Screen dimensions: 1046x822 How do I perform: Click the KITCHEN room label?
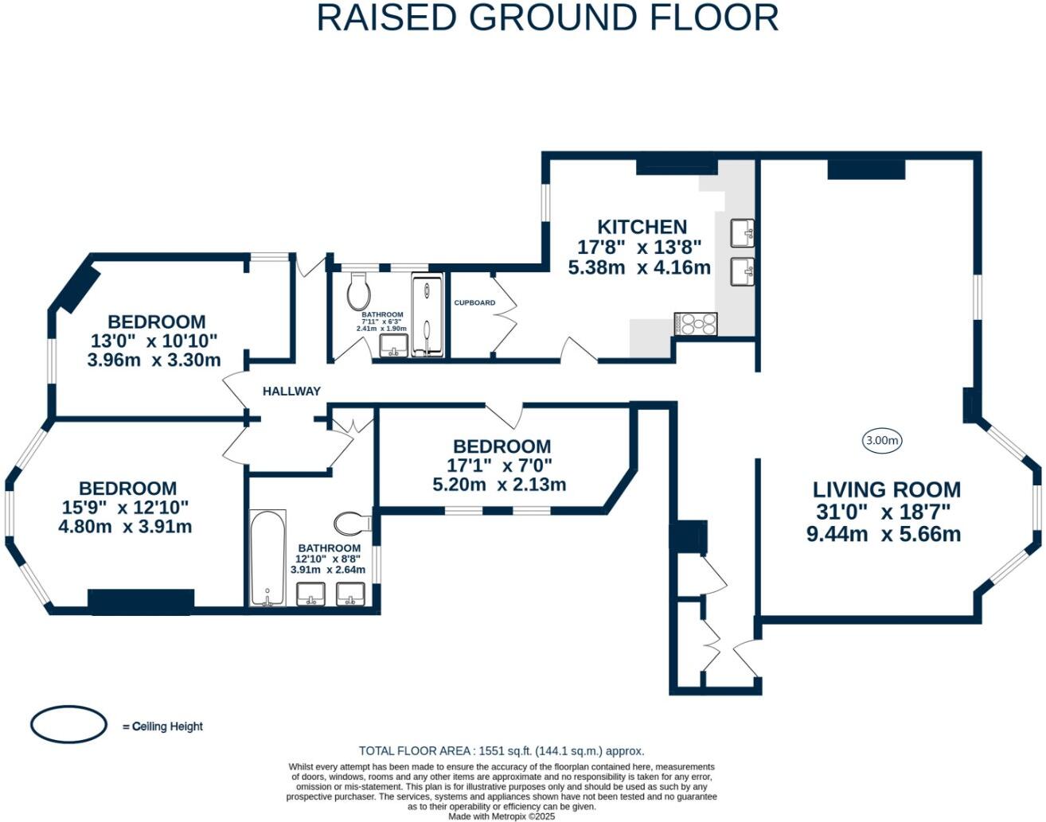[642, 227]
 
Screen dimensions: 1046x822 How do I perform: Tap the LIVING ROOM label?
[887, 489]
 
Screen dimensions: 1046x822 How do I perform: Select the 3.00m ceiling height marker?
[882, 441]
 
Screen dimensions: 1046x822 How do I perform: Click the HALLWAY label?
[291, 391]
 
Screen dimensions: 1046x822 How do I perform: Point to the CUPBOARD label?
[474, 302]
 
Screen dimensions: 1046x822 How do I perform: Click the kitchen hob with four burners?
[696, 324]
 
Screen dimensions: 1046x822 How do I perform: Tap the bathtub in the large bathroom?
[267, 558]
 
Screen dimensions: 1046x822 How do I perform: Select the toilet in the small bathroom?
[359, 290]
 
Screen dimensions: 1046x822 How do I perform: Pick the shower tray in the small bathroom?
[427, 315]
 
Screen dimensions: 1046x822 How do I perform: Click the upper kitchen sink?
[742, 233]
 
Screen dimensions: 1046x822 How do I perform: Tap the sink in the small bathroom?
[394, 345]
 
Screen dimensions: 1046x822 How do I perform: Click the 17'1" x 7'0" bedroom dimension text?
[499, 466]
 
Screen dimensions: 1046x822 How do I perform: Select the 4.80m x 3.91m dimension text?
[125, 527]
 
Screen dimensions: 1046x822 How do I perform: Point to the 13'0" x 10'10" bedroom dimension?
[154, 341]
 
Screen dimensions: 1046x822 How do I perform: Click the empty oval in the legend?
[68, 724]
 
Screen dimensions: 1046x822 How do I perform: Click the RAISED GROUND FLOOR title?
[548, 18]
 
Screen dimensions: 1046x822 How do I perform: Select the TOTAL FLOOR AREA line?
[502, 750]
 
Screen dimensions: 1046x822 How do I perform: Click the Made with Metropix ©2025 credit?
[502, 816]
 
